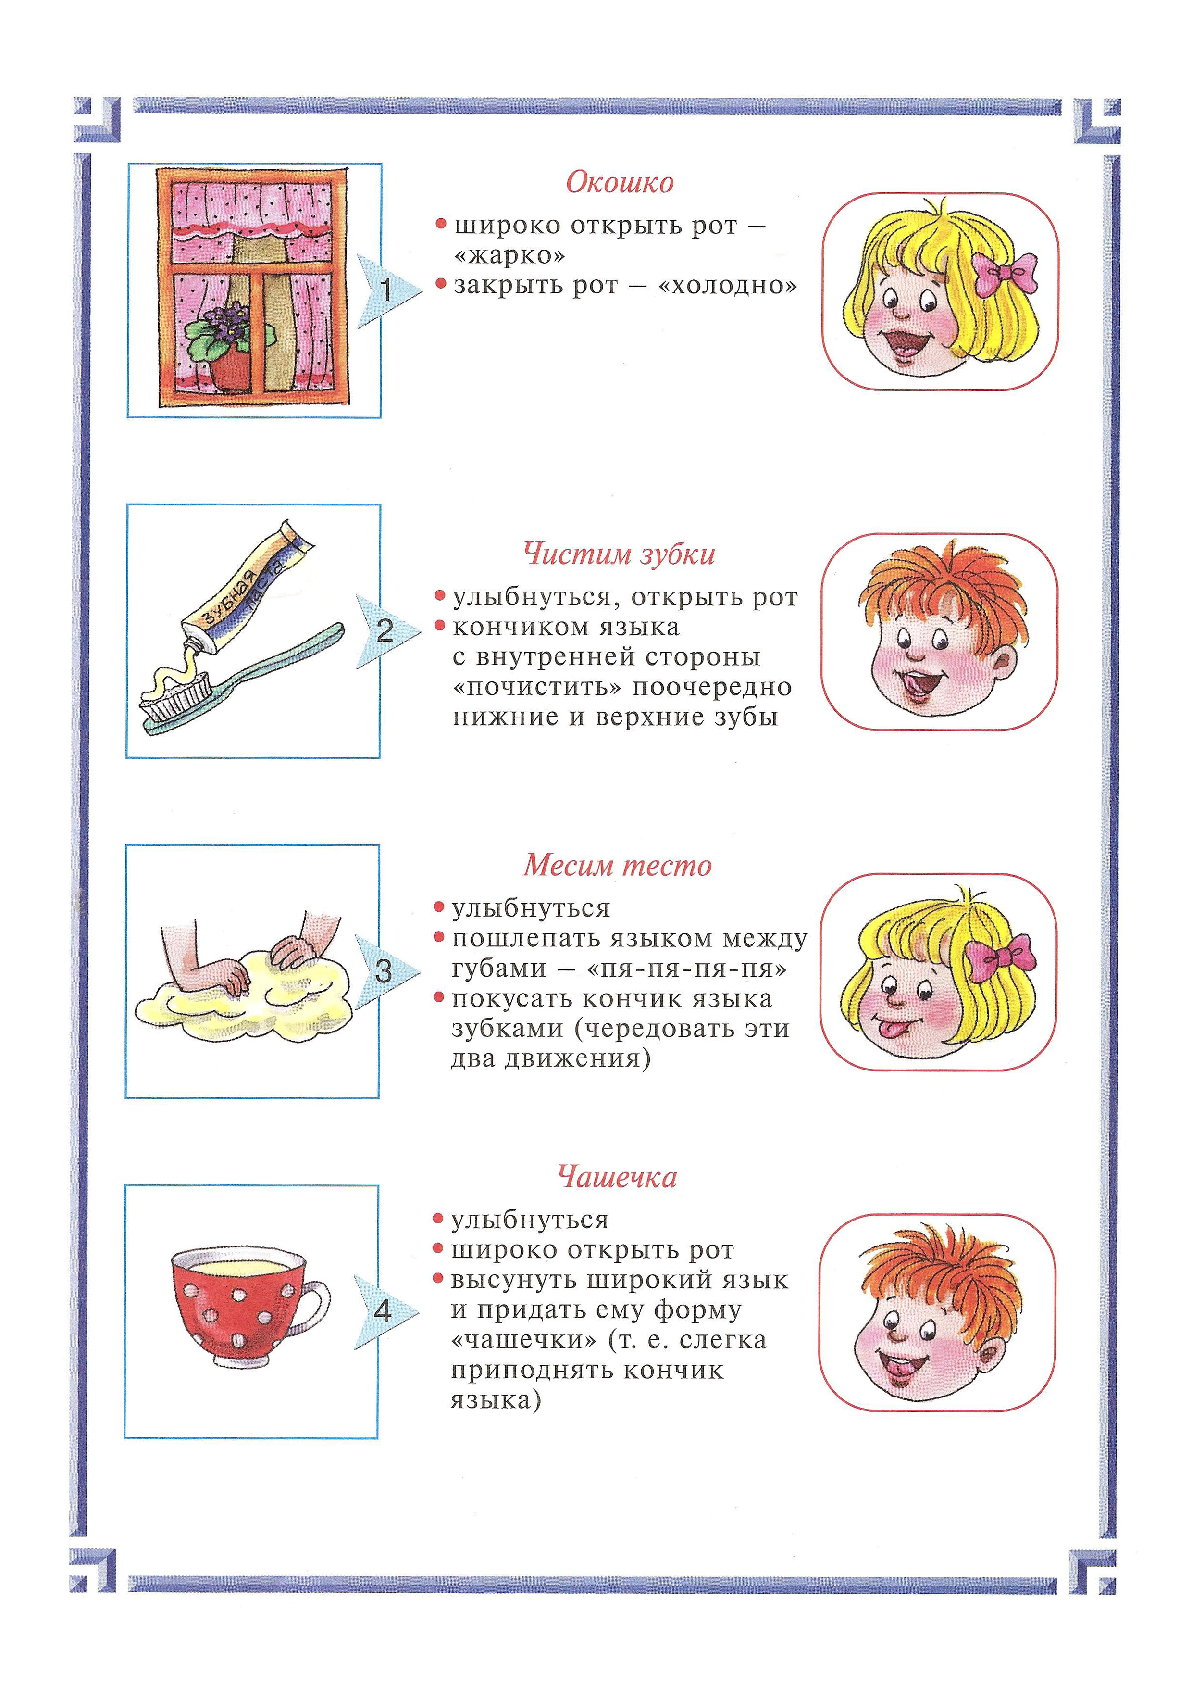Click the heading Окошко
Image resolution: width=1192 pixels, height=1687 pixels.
pyautogui.click(x=619, y=182)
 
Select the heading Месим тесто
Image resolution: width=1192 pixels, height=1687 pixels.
pyautogui.click(x=617, y=866)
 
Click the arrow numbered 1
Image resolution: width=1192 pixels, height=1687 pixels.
pyautogui.click(x=387, y=291)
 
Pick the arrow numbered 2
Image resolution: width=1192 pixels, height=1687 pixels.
pyautogui.click(x=385, y=631)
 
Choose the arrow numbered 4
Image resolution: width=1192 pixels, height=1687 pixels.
pyautogui.click(x=384, y=1311)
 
